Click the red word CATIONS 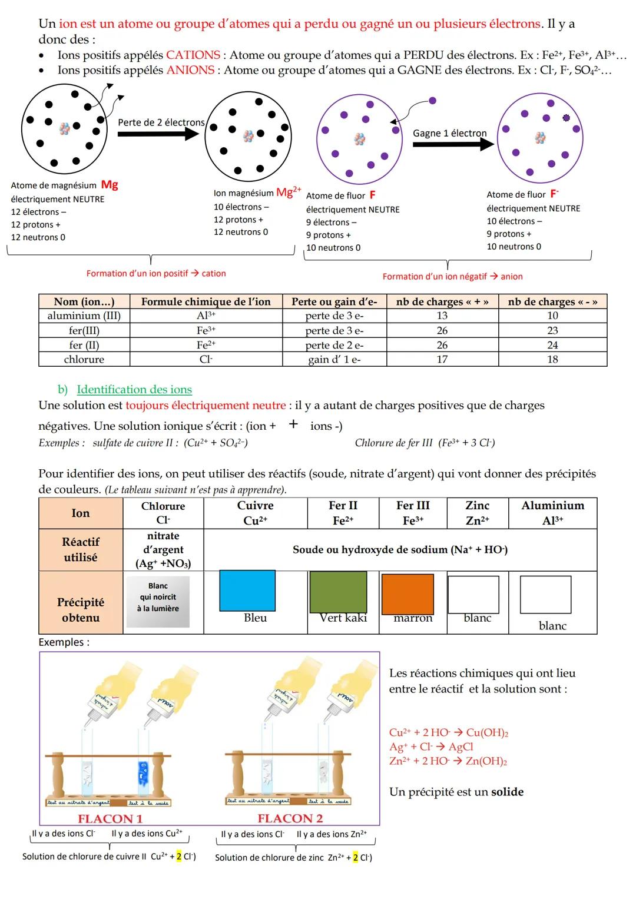click(x=193, y=55)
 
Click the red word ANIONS click(x=190, y=70)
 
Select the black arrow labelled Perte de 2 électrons click(x=158, y=134)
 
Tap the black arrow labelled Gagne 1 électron click(x=453, y=144)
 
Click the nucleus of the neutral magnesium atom click(x=64, y=128)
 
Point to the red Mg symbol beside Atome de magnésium click(x=110, y=185)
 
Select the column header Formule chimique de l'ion click(x=206, y=302)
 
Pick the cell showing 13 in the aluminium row click(x=442, y=316)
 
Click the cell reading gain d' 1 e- click(x=334, y=360)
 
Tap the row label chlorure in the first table click(x=84, y=360)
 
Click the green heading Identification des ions click(x=134, y=390)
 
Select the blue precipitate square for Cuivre click(x=247, y=591)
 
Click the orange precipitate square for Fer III click(x=408, y=595)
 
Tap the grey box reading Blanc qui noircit click(x=158, y=601)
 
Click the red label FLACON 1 click(x=110, y=818)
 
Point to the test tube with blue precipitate click(x=143, y=771)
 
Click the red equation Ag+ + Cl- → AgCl click(x=431, y=747)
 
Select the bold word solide click(x=507, y=792)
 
